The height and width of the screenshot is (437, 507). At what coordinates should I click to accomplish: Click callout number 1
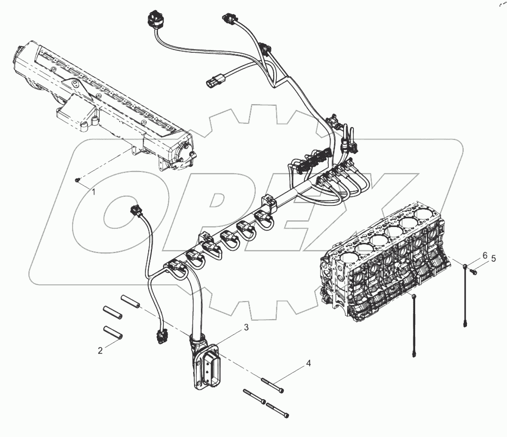click(94, 192)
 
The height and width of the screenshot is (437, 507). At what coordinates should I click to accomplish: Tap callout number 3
click(246, 328)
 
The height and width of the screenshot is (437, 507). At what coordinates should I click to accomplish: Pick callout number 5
click(493, 259)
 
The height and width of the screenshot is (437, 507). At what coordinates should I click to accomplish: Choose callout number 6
click(485, 255)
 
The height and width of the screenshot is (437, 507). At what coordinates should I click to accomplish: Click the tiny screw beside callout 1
click(77, 180)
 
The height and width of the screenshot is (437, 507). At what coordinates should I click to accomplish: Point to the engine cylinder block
click(383, 266)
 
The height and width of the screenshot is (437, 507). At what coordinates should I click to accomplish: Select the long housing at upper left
click(104, 104)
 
